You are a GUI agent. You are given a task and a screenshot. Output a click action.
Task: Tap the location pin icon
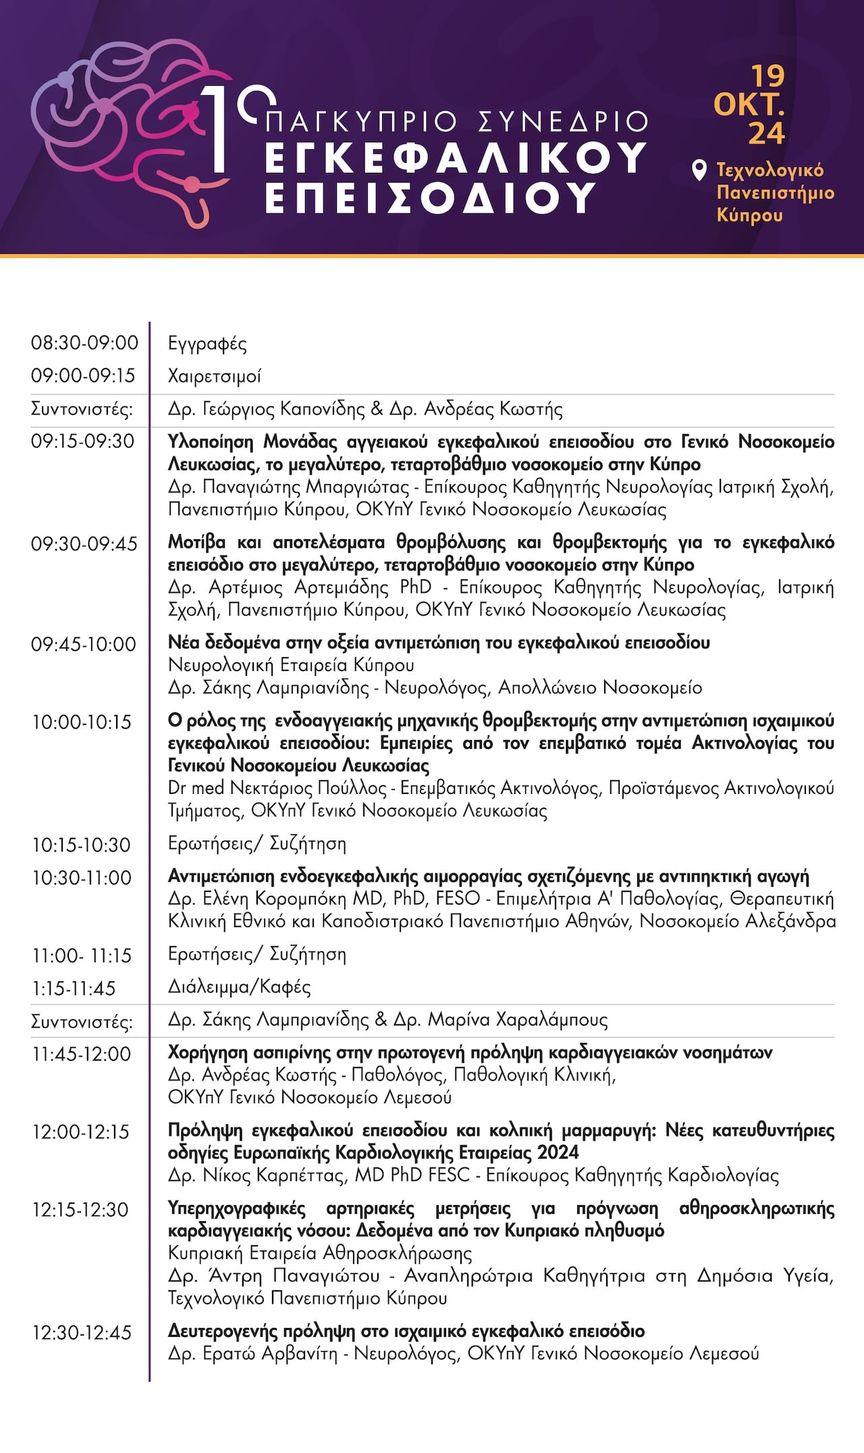[700, 170]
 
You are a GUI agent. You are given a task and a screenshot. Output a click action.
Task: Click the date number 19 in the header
[768, 76]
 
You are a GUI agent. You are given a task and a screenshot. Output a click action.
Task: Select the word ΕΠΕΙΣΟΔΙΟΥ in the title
[431, 198]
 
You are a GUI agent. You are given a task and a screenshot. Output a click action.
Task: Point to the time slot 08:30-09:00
[84, 343]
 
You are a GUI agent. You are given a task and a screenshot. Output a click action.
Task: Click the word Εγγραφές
[207, 344]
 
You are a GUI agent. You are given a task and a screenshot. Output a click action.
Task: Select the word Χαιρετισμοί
[214, 377]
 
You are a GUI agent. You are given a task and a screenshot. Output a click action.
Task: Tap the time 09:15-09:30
[82, 442]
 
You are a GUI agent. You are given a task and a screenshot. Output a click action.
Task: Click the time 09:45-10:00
[84, 644]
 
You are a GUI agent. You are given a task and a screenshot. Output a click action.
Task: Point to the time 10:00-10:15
[82, 722]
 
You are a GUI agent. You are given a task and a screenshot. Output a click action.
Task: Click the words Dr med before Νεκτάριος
[196, 788]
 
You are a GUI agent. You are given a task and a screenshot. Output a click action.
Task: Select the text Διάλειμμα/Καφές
[239, 988]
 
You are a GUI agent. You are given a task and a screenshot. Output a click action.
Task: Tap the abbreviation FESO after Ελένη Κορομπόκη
[458, 899]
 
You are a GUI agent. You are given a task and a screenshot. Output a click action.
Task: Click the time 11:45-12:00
[82, 1054]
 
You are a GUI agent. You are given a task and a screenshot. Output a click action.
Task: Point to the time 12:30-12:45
[82, 1333]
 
